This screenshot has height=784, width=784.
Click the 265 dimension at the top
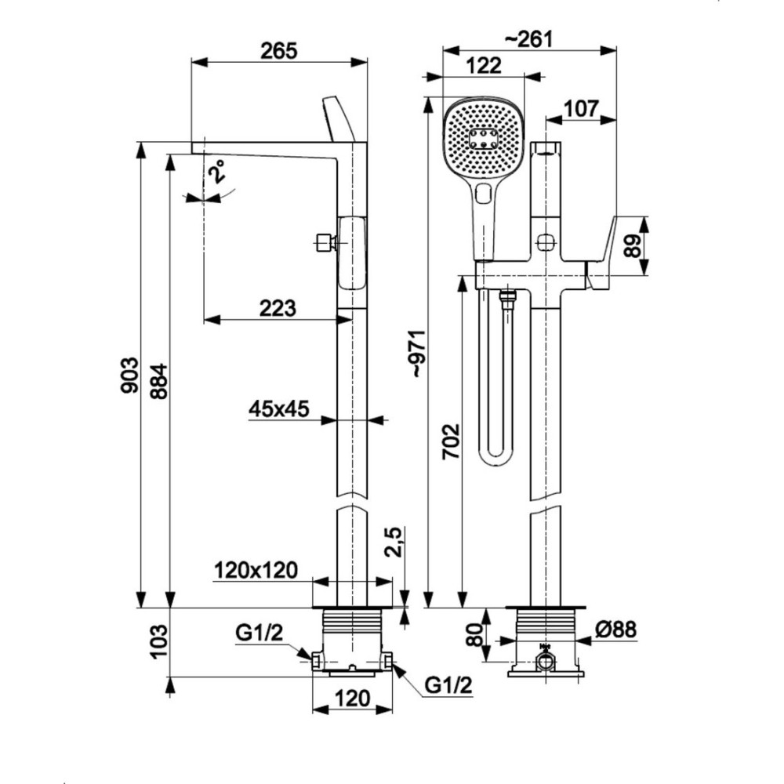280,51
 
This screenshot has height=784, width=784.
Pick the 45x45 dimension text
279,408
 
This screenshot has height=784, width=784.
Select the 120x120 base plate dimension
256,571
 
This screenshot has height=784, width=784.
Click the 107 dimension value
580,108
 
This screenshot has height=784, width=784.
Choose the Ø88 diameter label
615,629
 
